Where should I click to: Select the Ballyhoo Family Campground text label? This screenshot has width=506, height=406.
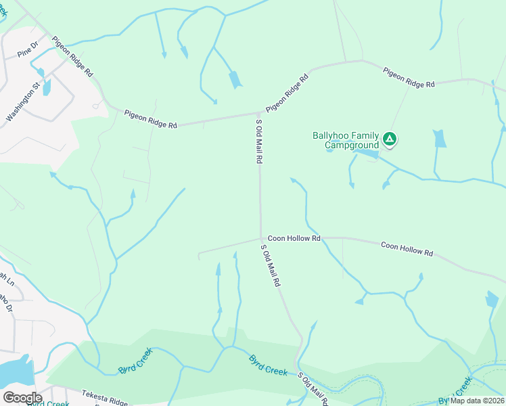pos(345,140)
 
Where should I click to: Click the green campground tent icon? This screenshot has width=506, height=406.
pos(389,139)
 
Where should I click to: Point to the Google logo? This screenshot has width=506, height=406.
pos(22,397)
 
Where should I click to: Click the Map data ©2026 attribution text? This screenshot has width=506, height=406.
pos(478,401)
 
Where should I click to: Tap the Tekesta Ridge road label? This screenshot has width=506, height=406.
pos(104,394)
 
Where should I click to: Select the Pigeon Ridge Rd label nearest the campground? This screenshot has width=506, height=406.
pos(409,78)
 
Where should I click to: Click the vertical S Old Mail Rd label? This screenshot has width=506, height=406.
pos(258,141)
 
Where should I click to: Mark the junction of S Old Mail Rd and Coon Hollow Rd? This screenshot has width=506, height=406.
pos(261,238)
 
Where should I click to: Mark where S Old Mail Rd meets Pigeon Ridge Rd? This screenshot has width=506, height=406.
pos(261,112)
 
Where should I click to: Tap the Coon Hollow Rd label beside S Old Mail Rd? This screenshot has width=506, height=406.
pos(294,238)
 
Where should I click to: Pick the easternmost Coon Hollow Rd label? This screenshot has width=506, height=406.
pos(407,248)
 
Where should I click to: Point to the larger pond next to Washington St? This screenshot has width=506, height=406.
pos(47,87)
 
